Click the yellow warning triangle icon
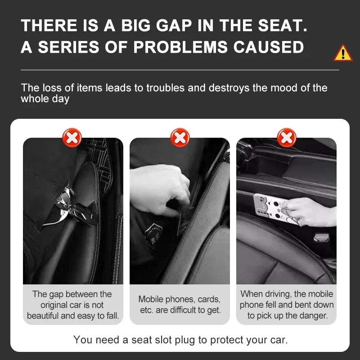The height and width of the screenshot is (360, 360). coord(343,53)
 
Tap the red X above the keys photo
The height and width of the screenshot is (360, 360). coord(72,137)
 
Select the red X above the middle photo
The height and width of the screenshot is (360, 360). coord(180,137)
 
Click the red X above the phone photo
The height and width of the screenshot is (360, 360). coord(287,137)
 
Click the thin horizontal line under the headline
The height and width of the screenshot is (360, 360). coord(180,70)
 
